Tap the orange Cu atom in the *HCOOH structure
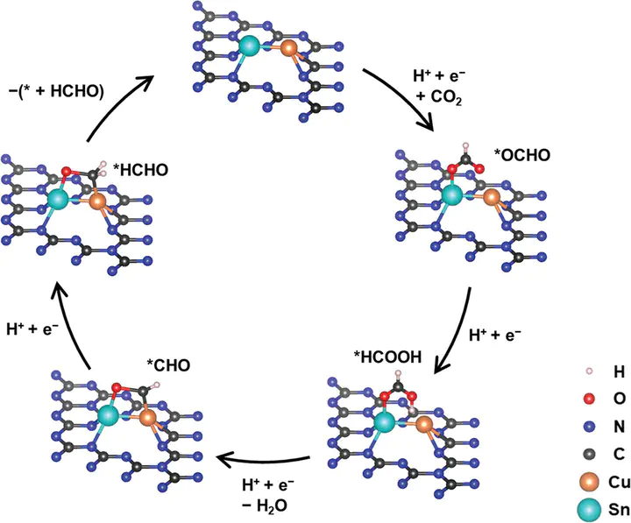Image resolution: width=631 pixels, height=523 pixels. [x=426, y=426]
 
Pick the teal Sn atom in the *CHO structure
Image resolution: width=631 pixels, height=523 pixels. [x=108, y=415]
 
